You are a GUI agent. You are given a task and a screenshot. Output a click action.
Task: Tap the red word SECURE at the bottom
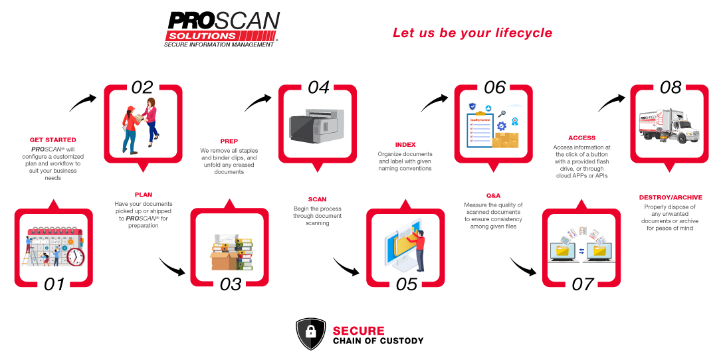[358, 331]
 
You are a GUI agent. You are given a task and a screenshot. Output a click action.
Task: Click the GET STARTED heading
[53, 140]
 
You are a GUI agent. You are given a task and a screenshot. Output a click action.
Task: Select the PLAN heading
[143, 195]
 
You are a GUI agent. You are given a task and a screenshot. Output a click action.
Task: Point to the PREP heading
[229, 141]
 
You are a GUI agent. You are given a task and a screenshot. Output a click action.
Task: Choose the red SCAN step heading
[317, 199]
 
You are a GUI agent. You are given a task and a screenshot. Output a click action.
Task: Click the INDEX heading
[405, 145]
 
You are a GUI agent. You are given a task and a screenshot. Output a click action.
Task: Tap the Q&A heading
[493, 195]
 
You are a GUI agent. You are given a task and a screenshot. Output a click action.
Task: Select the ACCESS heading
[581, 138]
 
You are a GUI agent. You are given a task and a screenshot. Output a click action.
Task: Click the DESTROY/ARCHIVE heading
[669, 197]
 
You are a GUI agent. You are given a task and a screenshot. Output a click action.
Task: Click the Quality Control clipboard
[480, 130]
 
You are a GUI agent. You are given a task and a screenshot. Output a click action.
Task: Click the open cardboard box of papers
[223, 255]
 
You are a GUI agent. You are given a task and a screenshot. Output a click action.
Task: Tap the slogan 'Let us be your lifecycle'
[472, 33]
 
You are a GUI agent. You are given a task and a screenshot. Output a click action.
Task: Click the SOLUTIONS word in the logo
[202, 36]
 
